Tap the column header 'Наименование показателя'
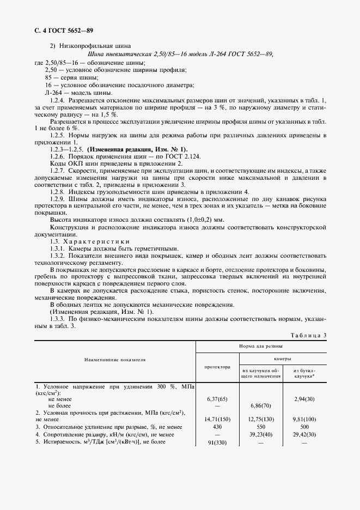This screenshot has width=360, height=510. point(115,360)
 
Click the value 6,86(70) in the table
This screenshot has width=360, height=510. point(260,406)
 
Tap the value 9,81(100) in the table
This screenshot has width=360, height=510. point(304,420)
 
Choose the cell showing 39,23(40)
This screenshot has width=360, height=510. point(260,434)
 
